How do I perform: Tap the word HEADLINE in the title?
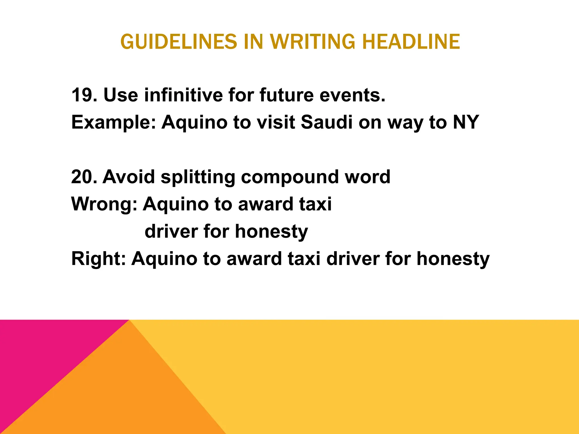click(411, 42)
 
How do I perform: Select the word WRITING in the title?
click(312, 42)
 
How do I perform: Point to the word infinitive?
click(183, 95)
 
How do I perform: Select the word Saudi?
click(327, 122)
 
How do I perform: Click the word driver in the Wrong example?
click(171, 231)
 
